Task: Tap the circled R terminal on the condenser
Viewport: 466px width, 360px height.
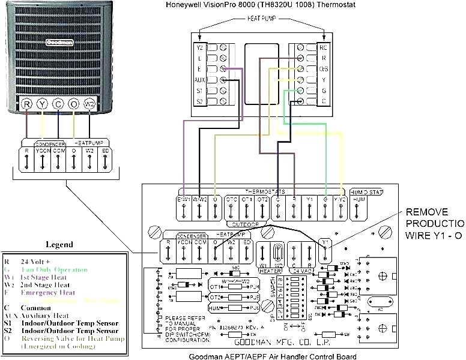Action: [x=27, y=104]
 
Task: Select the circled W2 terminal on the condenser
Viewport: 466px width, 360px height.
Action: [x=90, y=104]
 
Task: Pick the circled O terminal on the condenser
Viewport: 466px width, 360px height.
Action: [x=74, y=104]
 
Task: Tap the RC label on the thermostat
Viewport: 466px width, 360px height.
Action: [x=324, y=46]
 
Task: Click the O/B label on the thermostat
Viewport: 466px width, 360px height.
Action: [x=324, y=68]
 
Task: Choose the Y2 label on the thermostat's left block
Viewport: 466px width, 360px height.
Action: [x=199, y=46]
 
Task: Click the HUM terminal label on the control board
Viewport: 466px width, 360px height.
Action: [x=359, y=198]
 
